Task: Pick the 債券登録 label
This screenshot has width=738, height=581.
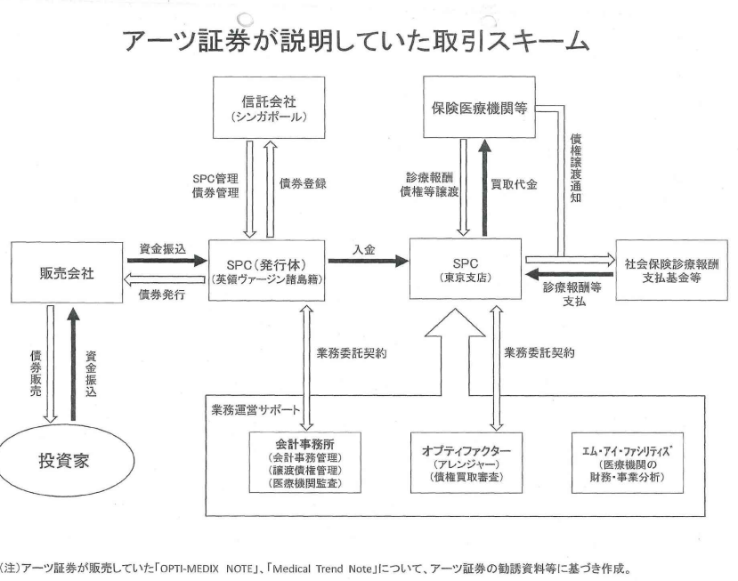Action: click(304, 184)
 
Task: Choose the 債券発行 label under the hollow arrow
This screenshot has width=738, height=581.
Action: click(161, 295)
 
